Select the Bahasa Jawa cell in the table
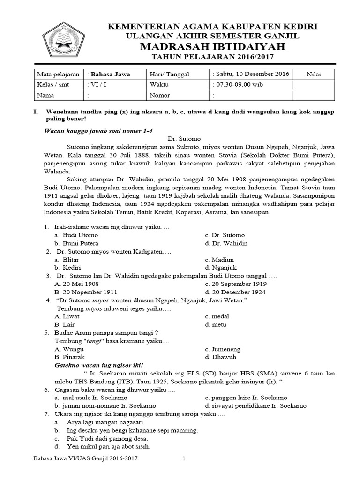pyautogui.click(x=110, y=74)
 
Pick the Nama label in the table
pyautogui.click(x=46, y=95)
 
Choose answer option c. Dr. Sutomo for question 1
pyautogui.click(x=225, y=235)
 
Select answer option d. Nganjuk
pyautogui.click(x=219, y=268)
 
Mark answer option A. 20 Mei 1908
pyautogui.click(x=76, y=284)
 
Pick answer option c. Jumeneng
pyautogui.click(x=223, y=349)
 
